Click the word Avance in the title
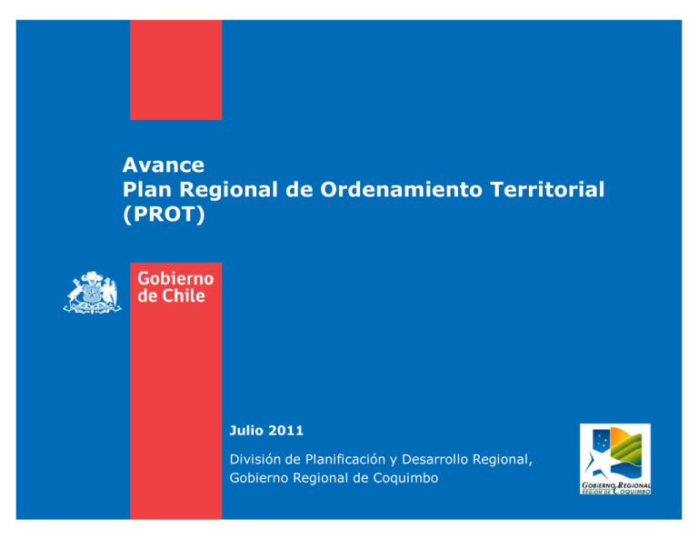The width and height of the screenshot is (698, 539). [x=164, y=165]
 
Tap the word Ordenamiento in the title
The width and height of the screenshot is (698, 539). [x=401, y=189]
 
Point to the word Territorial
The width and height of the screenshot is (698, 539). [x=547, y=189]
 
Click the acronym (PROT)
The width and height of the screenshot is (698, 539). [x=164, y=215]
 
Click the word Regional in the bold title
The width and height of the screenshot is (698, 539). [x=229, y=190]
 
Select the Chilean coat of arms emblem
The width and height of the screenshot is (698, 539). [x=92, y=293]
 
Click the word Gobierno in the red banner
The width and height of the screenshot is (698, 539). [x=175, y=279]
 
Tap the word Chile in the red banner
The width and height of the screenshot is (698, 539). [x=183, y=295]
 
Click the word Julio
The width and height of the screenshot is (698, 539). [x=246, y=431]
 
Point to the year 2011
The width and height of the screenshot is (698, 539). [x=285, y=431]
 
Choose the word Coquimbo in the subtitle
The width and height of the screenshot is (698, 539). [x=405, y=478]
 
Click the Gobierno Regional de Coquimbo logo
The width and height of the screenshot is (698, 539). [x=615, y=459]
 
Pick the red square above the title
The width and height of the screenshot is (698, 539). [x=175, y=70]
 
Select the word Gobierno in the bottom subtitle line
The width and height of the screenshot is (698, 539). [x=259, y=478]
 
